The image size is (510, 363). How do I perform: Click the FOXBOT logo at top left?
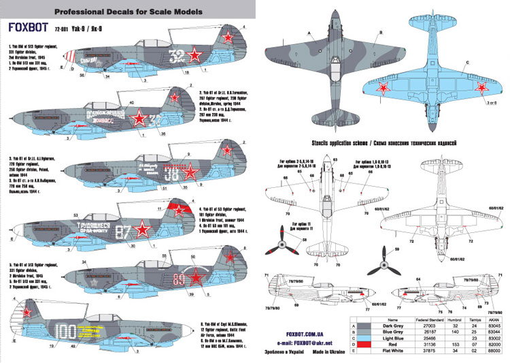click(x=27, y=28)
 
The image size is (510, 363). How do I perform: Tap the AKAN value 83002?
click(x=494, y=339)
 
